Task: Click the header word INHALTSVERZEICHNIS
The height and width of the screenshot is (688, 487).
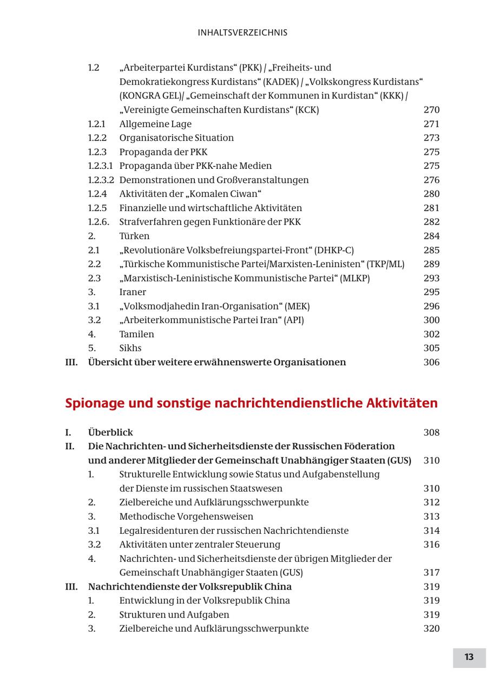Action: pyautogui.click(x=242, y=32)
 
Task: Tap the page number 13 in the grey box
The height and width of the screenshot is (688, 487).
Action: pyautogui.click(x=469, y=657)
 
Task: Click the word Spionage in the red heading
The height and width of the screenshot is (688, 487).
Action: pyautogui.click(x=93, y=403)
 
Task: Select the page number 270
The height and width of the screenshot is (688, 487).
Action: pyautogui.click(x=431, y=110)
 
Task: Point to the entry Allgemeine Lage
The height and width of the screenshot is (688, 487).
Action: pyautogui.click(x=155, y=124)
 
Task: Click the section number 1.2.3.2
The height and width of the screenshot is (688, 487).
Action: pyautogui.click(x=101, y=180)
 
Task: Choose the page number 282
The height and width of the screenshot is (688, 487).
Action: pyautogui.click(x=431, y=222)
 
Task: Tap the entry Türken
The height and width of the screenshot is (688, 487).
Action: pyautogui.click(x=134, y=236)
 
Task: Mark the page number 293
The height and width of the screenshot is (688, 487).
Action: pyautogui.click(x=431, y=278)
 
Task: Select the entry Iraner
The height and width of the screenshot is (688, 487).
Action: pyautogui.click(x=133, y=292)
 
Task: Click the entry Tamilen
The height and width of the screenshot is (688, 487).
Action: pyautogui.click(x=136, y=334)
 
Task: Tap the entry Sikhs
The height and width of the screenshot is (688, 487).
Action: pyautogui.click(x=130, y=348)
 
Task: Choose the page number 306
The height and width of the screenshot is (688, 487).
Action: pyautogui.click(x=431, y=362)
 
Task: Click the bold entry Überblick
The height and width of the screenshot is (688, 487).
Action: pyautogui.click(x=110, y=433)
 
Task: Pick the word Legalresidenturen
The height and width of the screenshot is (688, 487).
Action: pyautogui.click(x=159, y=530)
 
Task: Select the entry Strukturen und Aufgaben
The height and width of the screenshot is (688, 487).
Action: pyautogui.click(x=174, y=614)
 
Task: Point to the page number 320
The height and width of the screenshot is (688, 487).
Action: pyautogui.click(x=431, y=628)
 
